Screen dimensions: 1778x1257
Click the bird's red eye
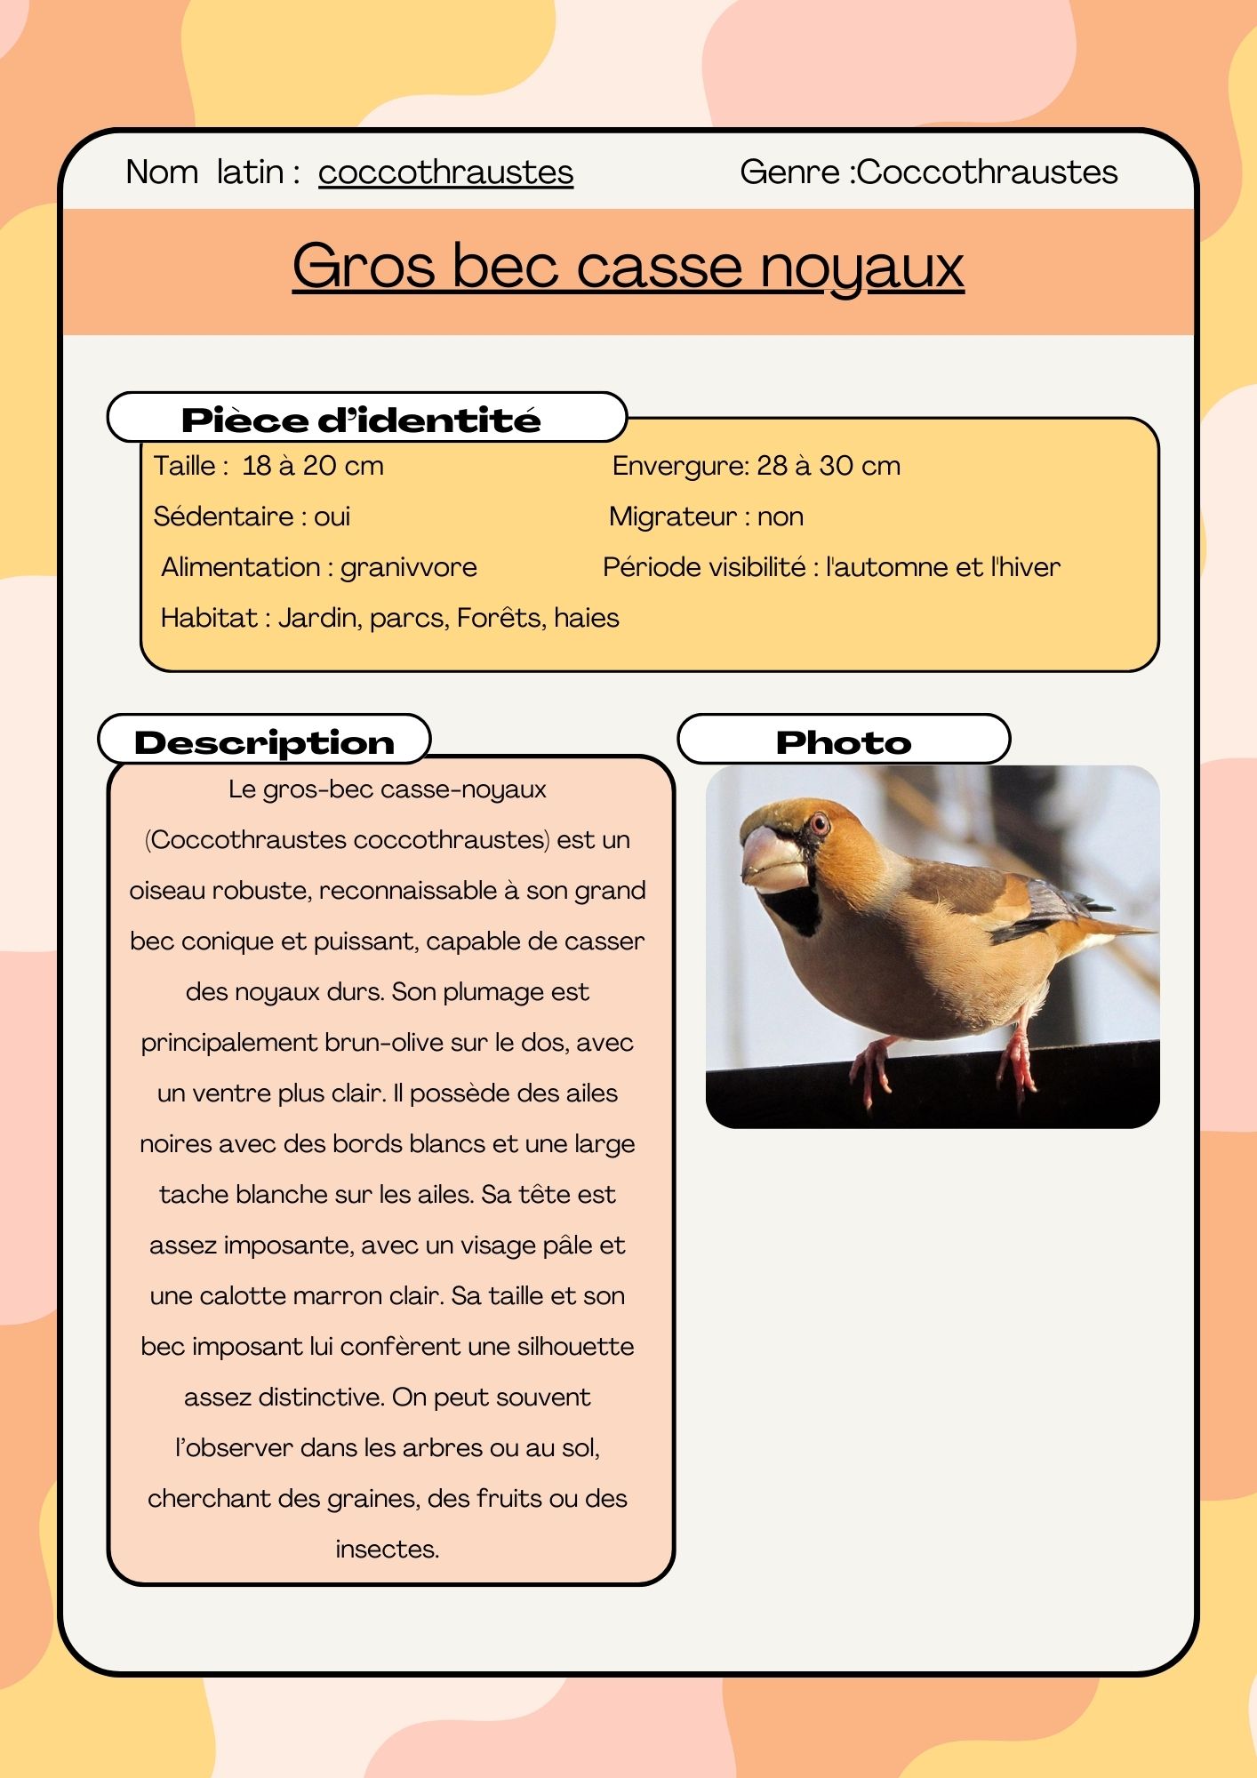click(819, 824)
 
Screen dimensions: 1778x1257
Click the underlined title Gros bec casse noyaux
click(628, 266)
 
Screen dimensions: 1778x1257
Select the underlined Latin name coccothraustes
click(445, 172)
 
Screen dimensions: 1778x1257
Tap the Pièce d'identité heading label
click(361, 420)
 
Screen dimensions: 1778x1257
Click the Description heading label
click(264, 742)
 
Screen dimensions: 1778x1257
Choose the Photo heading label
click(844, 742)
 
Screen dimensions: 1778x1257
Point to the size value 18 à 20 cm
click(313, 466)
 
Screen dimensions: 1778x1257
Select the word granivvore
click(409, 567)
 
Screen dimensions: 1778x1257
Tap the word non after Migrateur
click(781, 517)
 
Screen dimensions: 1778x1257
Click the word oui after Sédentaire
click(332, 517)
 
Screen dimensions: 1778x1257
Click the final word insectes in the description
click(388, 1550)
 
